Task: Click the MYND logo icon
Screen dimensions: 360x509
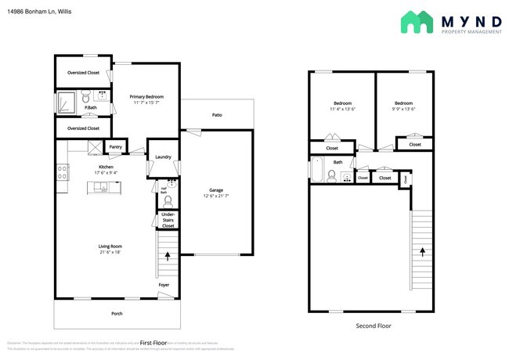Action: pyautogui.click(x=417, y=22)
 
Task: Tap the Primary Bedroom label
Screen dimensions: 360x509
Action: pyautogui.click(x=146, y=96)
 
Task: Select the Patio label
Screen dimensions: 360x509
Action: pyautogui.click(x=217, y=115)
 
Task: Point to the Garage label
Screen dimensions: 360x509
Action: pyautogui.click(x=216, y=190)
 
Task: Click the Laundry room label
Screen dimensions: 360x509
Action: pyautogui.click(x=163, y=157)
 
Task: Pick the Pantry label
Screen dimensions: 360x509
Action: pyautogui.click(x=115, y=146)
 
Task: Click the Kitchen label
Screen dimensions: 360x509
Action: pyautogui.click(x=106, y=167)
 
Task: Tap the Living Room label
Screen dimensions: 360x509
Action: pyautogui.click(x=110, y=247)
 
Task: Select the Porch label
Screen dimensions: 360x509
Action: pyautogui.click(x=117, y=314)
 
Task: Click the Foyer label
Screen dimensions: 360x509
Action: pyautogui.click(x=164, y=285)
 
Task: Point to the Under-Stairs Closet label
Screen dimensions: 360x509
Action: pyautogui.click(x=168, y=221)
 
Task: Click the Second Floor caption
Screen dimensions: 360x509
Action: pyautogui.click(x=374, y=326)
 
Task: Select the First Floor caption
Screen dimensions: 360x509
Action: pyautogui.click(x=153, y=342)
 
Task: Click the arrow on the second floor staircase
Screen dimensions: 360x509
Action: pyautogui.click(x=424, y=253)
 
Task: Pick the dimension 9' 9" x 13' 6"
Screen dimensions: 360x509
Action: pyautogui.click(x=403, y=110)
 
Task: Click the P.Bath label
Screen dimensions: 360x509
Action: pyautogui.click(x=91, y=107)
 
